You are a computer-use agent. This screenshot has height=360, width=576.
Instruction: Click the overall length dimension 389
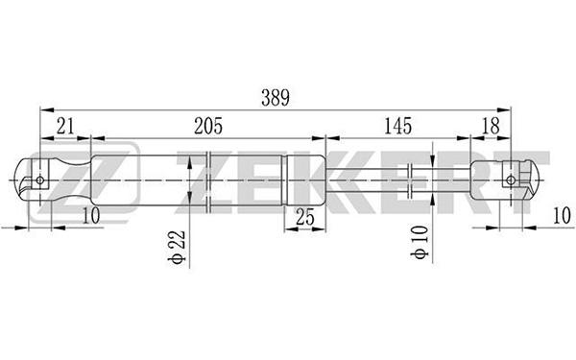(276, 98)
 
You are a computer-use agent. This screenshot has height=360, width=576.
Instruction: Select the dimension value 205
(208, 126)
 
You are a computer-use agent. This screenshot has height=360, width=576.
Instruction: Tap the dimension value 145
(398, 126)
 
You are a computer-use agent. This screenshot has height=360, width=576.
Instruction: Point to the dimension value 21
(65, 126)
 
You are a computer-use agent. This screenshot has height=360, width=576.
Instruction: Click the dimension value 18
(491, 126)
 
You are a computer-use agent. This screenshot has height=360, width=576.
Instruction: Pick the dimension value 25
(305, 217)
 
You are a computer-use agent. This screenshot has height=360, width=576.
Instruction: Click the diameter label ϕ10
(420, 243)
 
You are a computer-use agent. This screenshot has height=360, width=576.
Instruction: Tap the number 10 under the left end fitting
(91, 215)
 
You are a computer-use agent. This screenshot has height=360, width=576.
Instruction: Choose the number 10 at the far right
(562, 215)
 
